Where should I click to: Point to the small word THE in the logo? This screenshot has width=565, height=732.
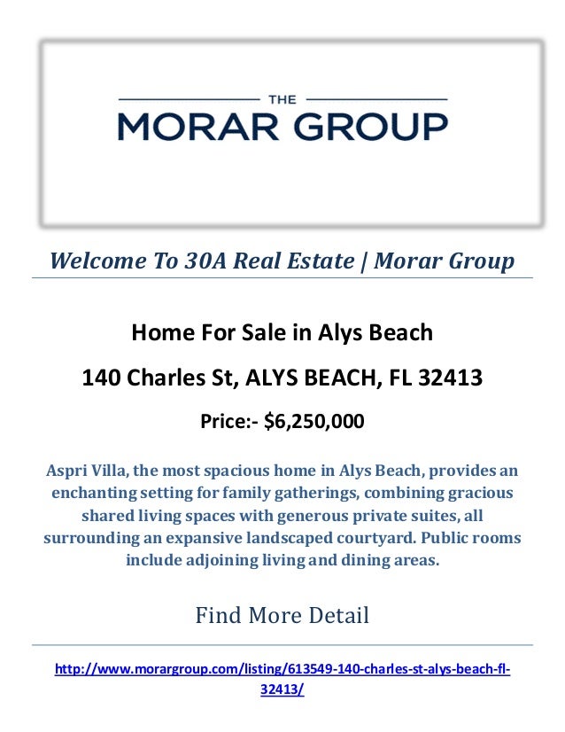click(x=282, y=97)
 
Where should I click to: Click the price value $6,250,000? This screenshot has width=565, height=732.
click(x=313, y=422)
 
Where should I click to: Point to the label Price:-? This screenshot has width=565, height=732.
click(x=228, y=422)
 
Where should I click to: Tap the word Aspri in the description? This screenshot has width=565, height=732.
click(x=67, y=469)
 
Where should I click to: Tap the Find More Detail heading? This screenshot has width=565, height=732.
click(x=282, y=614)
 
